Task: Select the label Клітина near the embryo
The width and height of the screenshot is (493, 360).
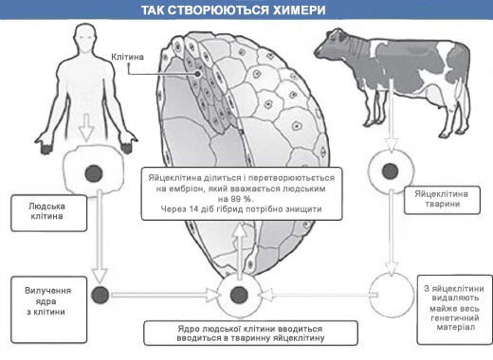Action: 128,56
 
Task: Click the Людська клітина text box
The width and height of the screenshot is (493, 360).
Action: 39,208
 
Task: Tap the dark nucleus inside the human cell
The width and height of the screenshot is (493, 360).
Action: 93,173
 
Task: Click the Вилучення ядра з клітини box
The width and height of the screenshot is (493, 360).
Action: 39,293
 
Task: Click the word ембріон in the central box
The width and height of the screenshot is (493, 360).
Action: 195,188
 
